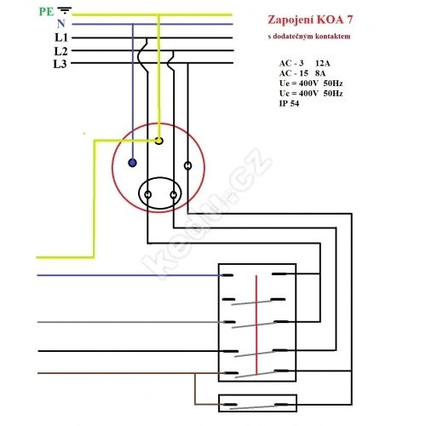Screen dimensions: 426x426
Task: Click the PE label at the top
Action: click(46, 12)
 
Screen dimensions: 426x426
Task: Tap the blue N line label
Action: click(61, 24)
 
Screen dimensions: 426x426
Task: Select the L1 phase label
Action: click(61, 37)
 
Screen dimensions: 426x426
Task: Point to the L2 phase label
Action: click(61, 51)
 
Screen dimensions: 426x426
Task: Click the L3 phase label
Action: click(60, 64)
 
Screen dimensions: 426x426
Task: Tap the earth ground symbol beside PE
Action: click(64, 10)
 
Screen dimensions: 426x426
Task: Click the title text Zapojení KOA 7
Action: click(310, 20)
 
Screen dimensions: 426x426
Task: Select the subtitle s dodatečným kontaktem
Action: click(309, 37)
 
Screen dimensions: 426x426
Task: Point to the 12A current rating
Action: click(323, 63)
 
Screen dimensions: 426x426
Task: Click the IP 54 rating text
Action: click(289, 103)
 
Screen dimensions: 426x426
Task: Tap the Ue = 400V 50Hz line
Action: click(311, 83)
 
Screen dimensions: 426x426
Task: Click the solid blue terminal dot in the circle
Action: click(132, 163)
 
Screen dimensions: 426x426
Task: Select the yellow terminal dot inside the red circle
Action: click(159, 141)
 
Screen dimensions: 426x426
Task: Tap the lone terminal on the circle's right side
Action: click(187, 165)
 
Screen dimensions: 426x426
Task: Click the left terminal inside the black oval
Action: click(147, 195)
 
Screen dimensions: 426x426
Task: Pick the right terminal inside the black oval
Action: click(173, 195)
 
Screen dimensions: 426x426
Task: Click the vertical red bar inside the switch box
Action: click(256, 325)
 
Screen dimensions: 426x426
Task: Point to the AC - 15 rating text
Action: click(294, 73)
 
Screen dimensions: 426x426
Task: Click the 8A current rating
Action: click(320, 73)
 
